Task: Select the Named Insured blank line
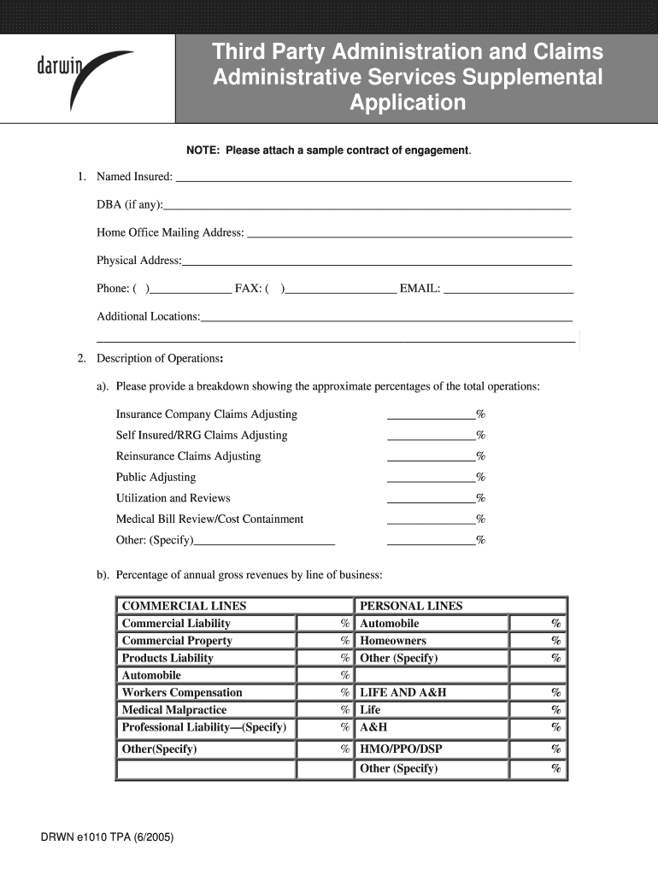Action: pos(373,178)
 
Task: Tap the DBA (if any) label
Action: pos(129,205)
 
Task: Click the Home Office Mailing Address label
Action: pos(170,232)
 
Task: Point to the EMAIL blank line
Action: pos(508,290)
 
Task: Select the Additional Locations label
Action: pos(148,316)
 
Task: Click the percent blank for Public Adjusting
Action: pos(432,478)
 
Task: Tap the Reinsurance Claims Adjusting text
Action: pos(188,456)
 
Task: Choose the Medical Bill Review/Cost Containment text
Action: pos(209,519)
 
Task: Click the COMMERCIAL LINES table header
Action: pos(184,606)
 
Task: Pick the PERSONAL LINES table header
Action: pos(411,606)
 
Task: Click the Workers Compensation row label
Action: pos(182,692)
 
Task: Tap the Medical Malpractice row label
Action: pos(174,710)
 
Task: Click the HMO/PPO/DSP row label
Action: pos(401,749)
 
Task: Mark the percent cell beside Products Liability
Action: pos(324,658)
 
